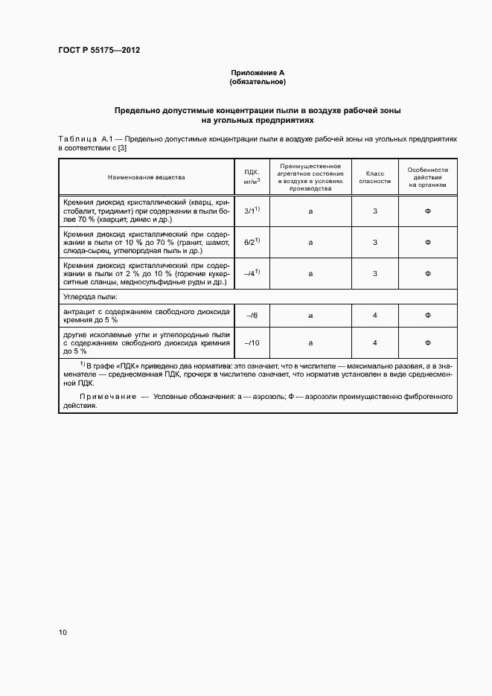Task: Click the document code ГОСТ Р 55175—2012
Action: click(99, 51)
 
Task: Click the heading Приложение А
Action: click(258, 72)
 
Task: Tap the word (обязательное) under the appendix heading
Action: click(258, 81)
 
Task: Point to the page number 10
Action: click(63, 633)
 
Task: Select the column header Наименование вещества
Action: click(146, 177)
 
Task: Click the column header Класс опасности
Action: click(374, 177)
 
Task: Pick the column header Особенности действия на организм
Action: click(428, 177)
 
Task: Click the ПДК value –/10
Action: click(251, 342)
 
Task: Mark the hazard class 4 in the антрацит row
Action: click(375, 316)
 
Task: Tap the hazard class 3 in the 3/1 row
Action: click(375, 211)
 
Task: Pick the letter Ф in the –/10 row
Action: click(428, 342)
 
